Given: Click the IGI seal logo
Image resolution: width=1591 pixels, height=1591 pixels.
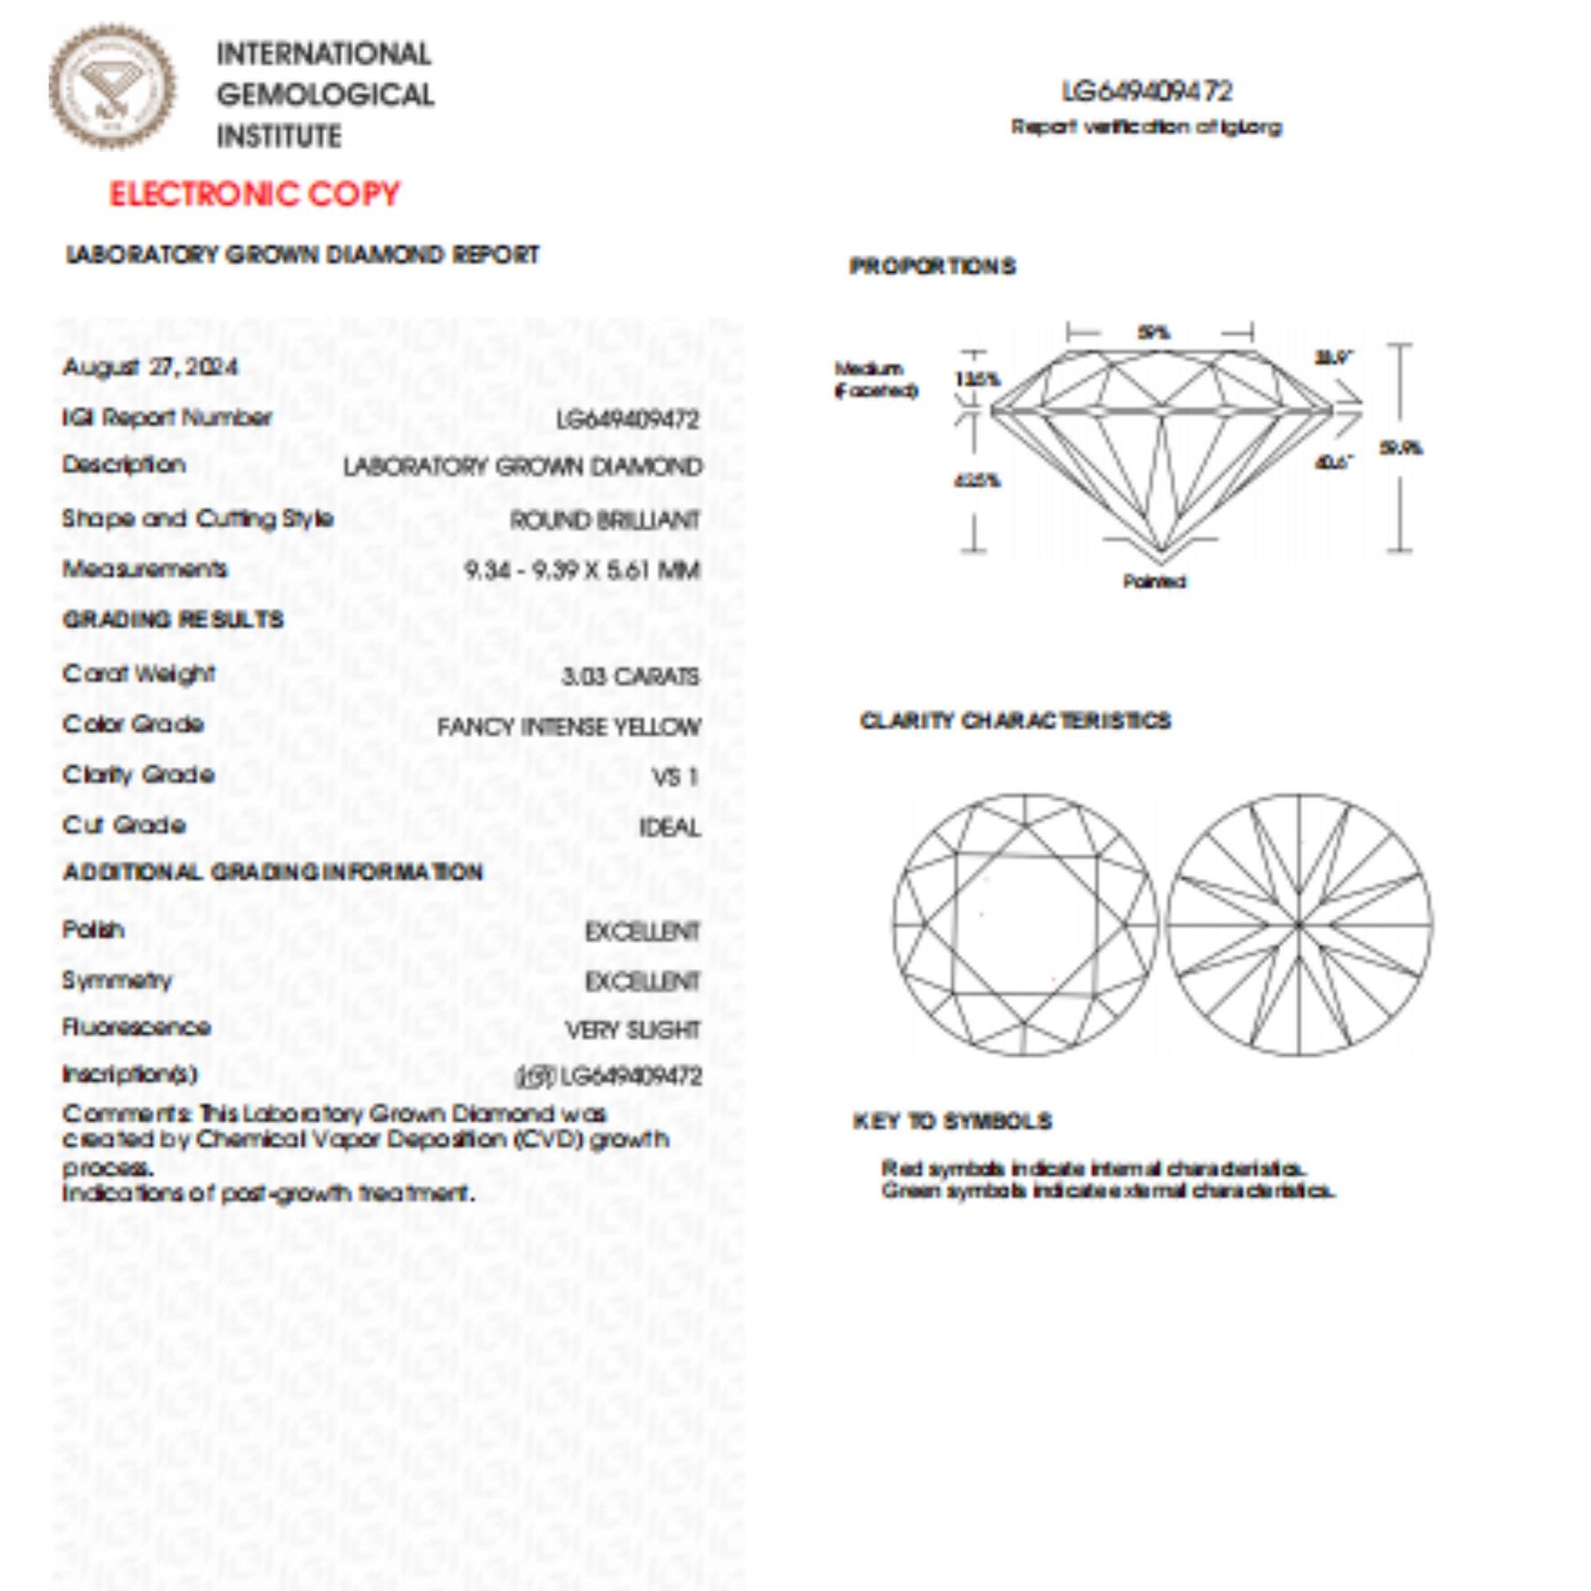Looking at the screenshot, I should [112, 87].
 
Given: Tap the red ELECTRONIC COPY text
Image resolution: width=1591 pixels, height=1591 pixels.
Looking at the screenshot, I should [254, 195].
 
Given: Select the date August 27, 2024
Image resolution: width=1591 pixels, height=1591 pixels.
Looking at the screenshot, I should [150, 366].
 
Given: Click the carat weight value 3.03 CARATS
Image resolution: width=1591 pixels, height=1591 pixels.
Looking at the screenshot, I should [630, 676].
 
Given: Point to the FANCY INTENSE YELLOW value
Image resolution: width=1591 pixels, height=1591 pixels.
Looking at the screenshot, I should [568, 727].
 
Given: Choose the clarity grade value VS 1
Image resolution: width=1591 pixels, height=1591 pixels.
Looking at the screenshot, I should [675, 777].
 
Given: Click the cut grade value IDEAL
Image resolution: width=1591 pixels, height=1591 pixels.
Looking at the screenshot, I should [670, 827].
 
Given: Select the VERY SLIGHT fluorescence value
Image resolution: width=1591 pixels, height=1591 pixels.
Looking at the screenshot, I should [633, 1030].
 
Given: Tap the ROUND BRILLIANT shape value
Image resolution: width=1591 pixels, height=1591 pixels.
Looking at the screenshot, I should [604, 521].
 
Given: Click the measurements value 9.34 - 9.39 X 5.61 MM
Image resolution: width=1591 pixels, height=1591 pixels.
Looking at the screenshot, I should [582, 570].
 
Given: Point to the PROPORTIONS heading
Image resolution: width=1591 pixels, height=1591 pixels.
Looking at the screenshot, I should [932, 266].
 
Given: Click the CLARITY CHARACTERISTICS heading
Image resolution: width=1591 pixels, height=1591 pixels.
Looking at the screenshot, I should [1015, 720].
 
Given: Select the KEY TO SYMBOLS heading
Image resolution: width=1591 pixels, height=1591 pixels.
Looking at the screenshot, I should [952, 1121].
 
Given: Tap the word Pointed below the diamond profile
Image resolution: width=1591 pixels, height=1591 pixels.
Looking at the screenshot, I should [1154, 581].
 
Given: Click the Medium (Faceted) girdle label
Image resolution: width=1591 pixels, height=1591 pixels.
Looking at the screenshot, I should [875, 379].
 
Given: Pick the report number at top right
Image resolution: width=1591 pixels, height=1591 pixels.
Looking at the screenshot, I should [1147, 92].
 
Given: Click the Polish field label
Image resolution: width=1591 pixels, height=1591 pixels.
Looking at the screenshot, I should [93, 929].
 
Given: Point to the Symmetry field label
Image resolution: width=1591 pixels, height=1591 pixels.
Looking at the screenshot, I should [117, 980].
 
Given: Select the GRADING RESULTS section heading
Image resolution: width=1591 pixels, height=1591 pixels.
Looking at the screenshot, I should [173, 619].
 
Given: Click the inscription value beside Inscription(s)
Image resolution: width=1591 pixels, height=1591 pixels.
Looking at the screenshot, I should [609, 1076].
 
